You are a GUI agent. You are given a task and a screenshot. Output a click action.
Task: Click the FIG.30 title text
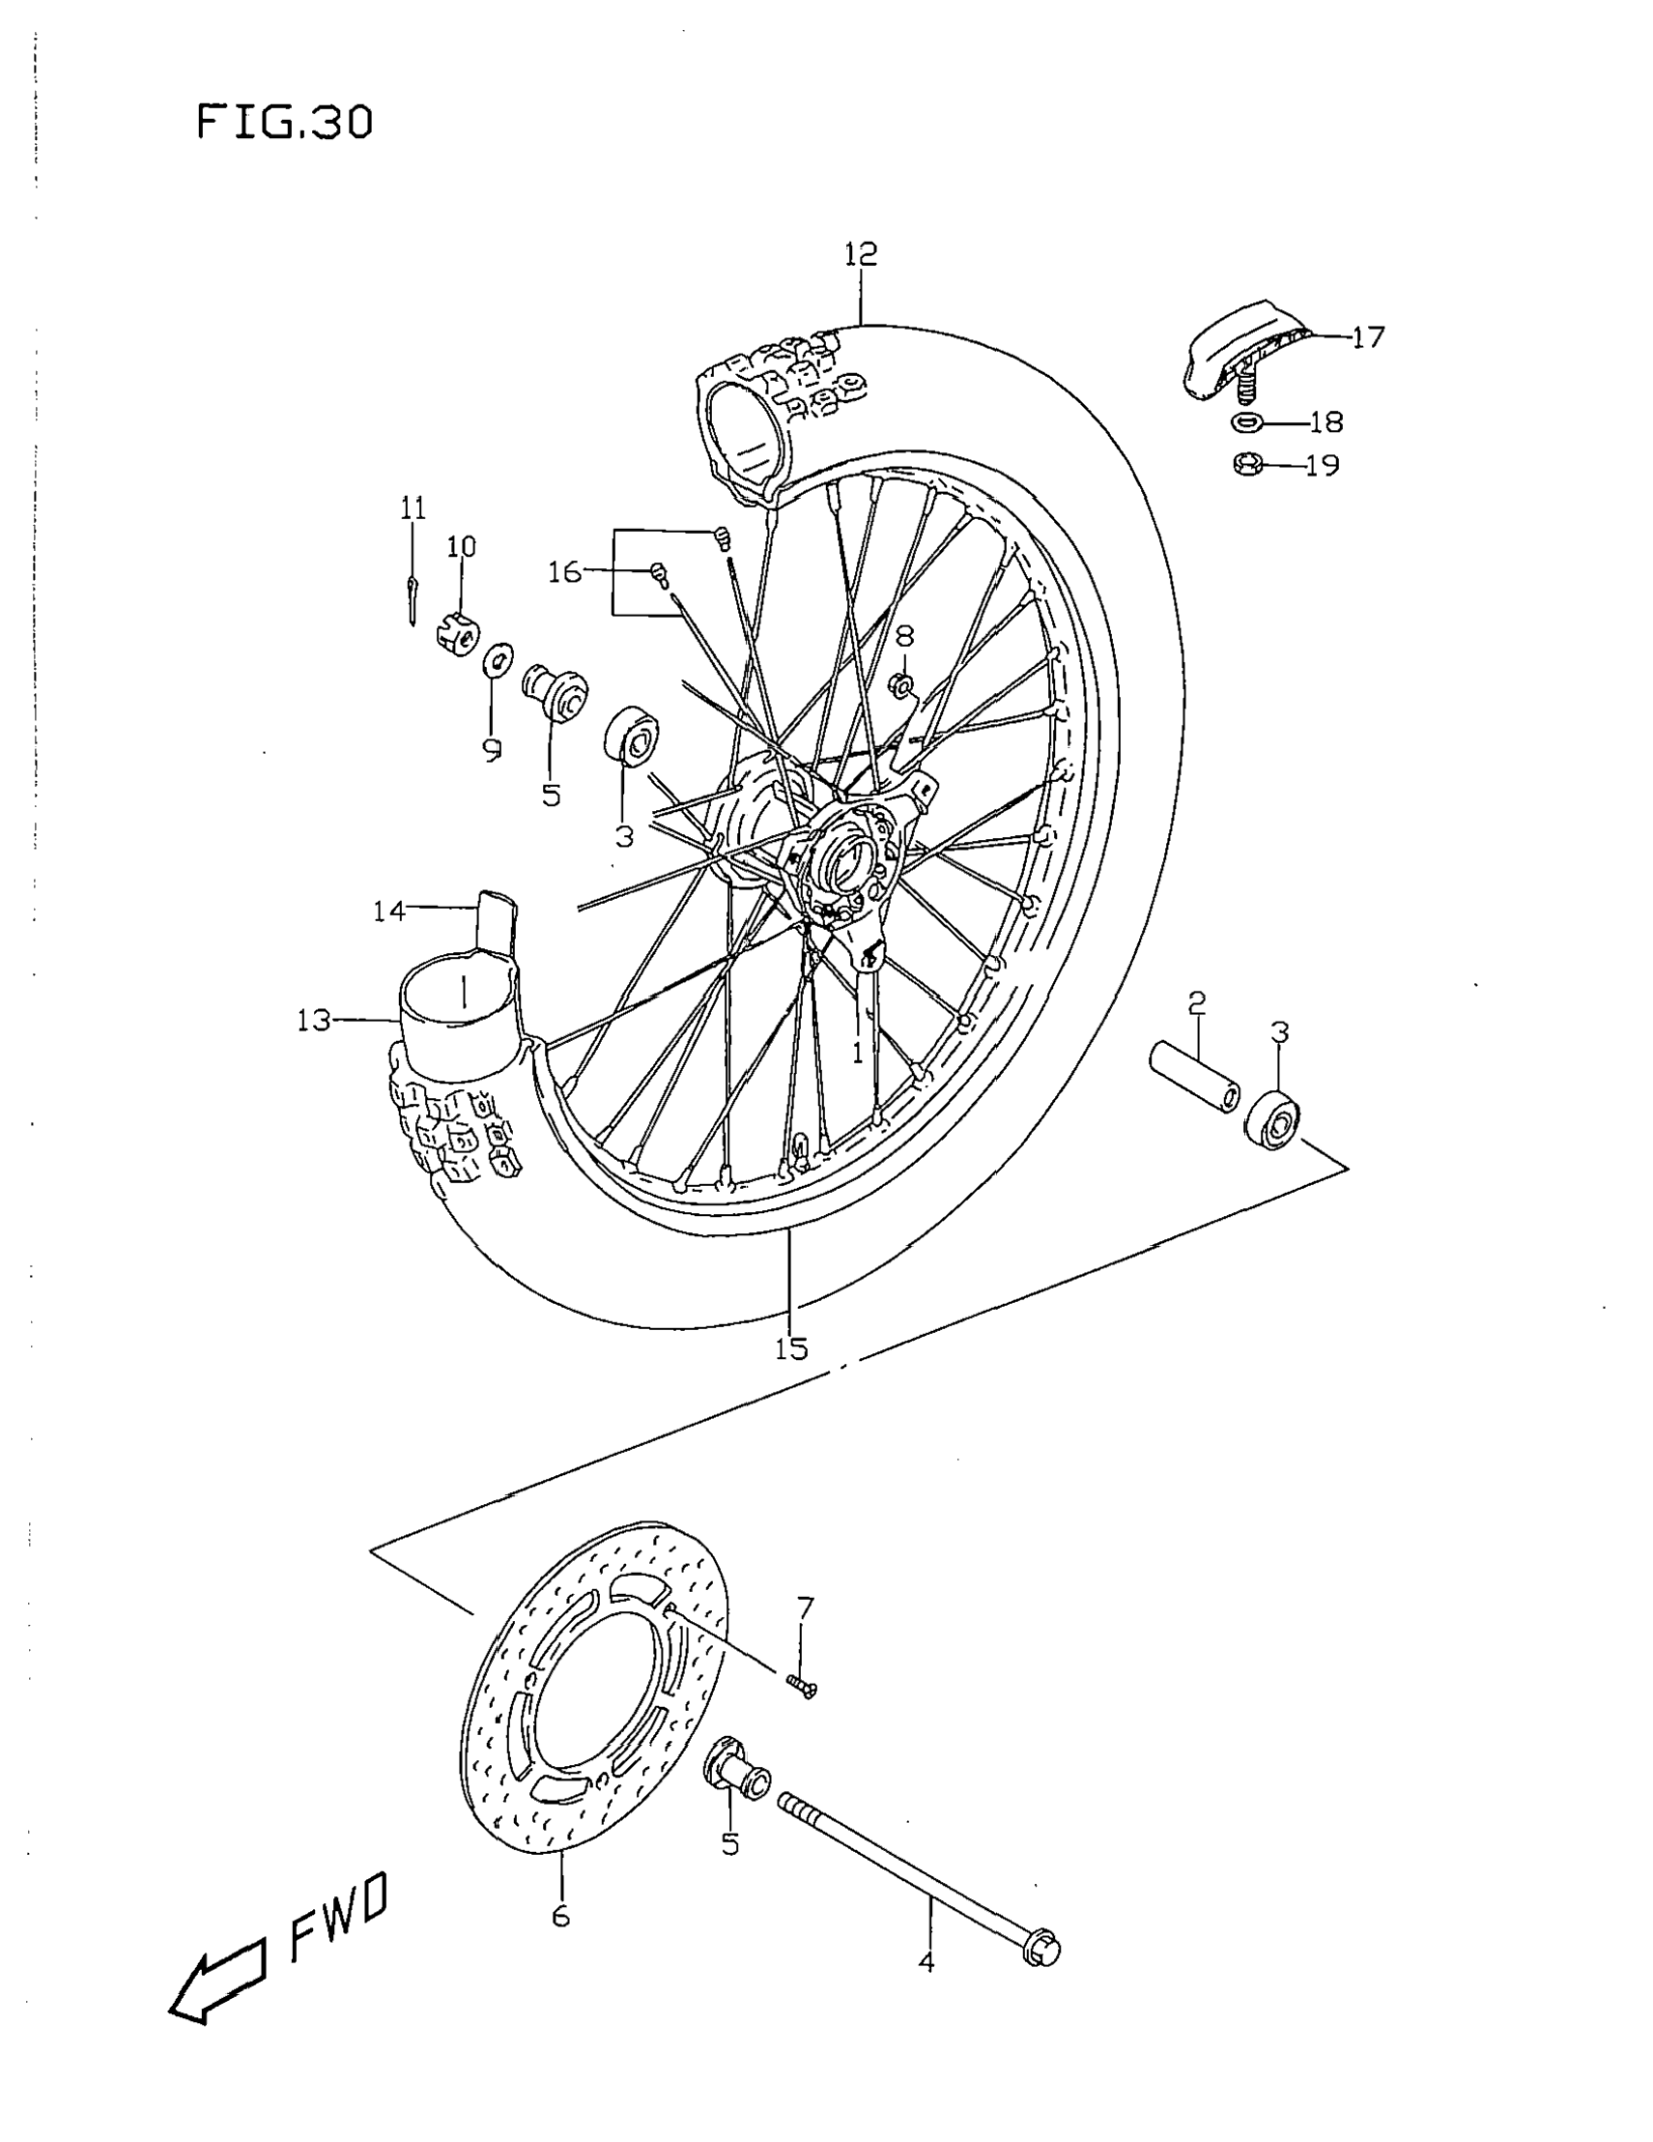[x=284, y=123]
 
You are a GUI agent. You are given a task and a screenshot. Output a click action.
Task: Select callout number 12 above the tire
[x=860, y=254]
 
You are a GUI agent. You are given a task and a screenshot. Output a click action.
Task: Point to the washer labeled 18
[x=1246, y=422]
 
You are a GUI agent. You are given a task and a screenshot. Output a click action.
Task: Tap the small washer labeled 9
[x=498, y=658]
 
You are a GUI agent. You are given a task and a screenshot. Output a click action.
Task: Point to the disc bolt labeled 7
[x=801, y=1685]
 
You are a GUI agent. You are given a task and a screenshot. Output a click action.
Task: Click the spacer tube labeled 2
[x=1193, y=1077]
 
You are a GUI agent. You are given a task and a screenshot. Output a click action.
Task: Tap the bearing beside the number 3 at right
[x=1273, y=1119]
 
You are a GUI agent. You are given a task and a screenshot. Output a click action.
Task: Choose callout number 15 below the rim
[x=791, y=1349]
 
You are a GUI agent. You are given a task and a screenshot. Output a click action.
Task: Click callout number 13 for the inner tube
[x=317, y=1021]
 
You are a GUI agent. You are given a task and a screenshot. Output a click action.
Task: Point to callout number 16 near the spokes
[x=565, y=572]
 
